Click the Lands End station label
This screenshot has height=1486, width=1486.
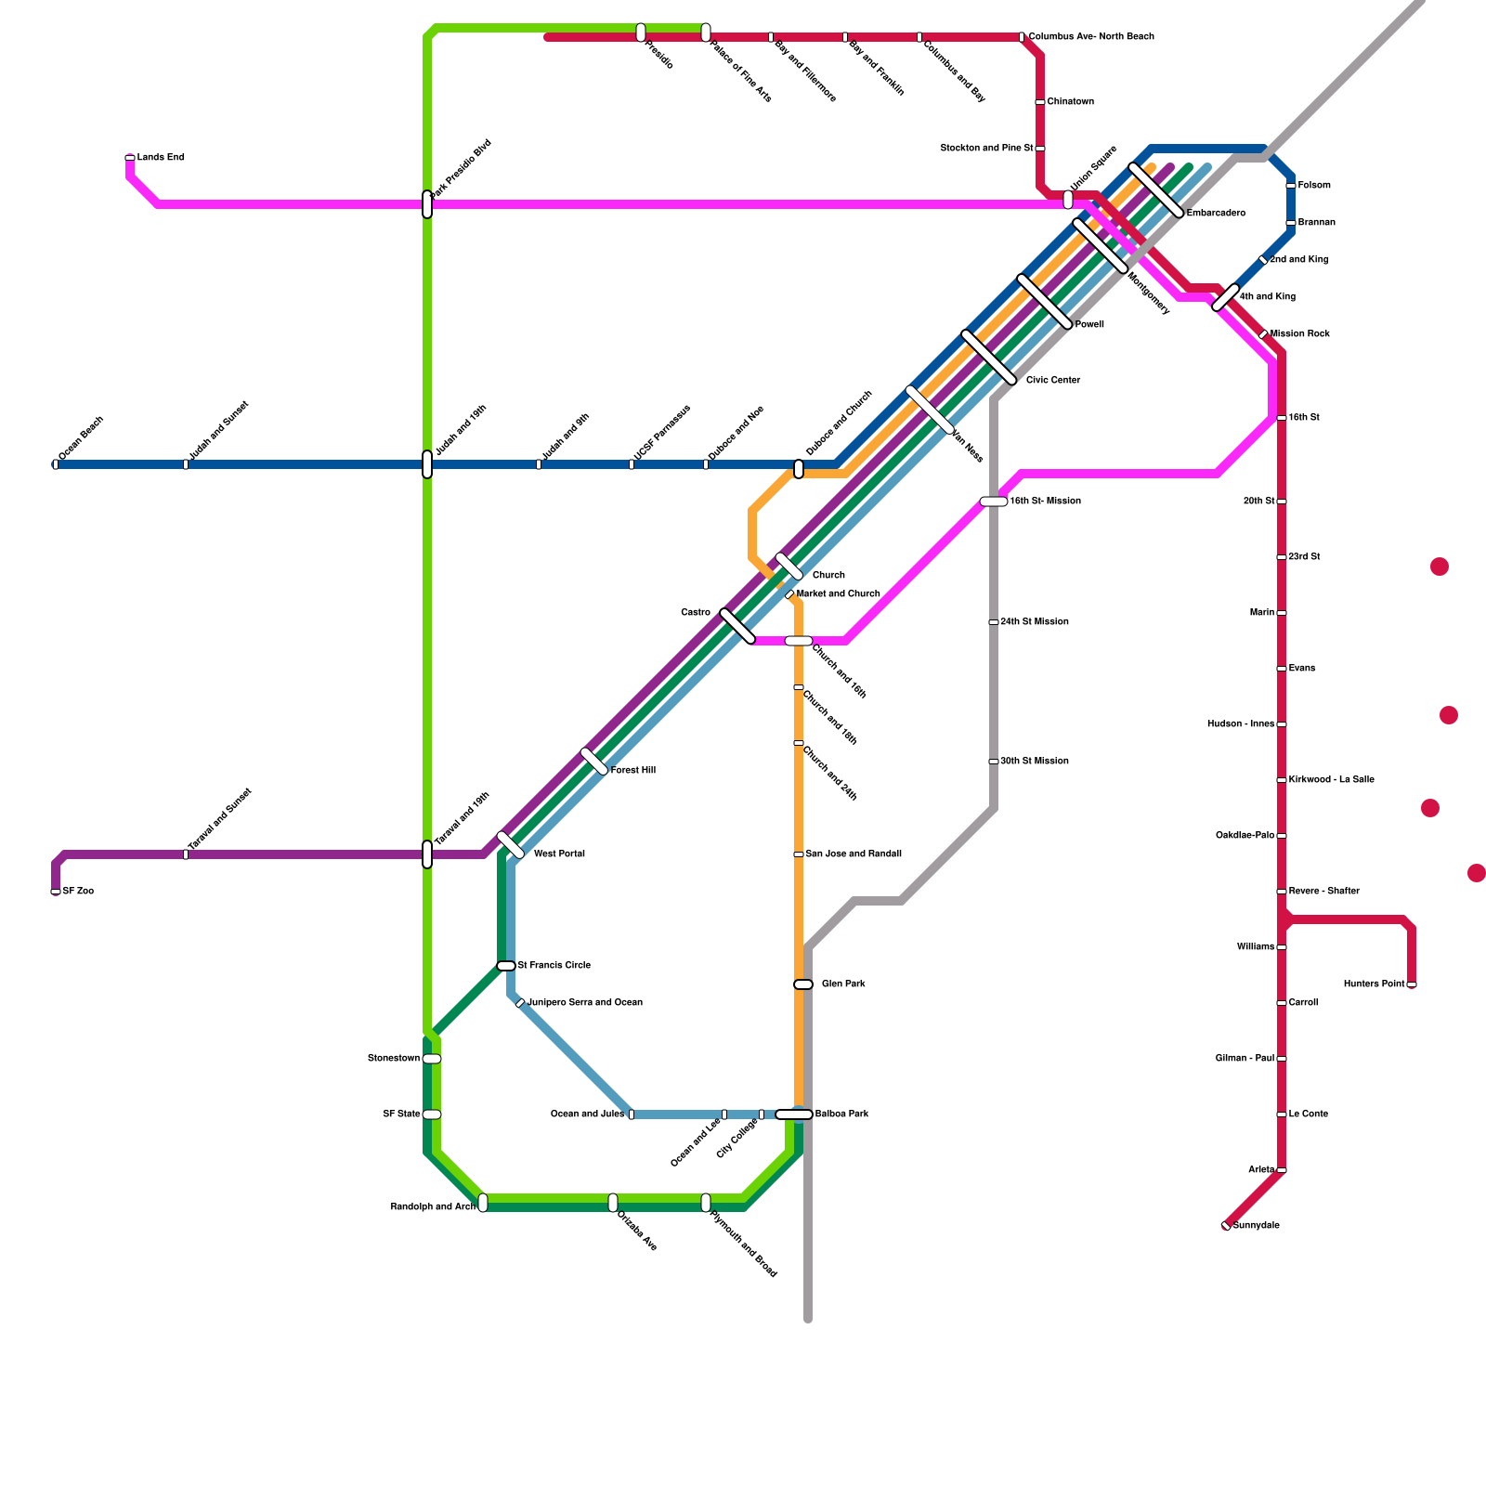click(x=161, y=158)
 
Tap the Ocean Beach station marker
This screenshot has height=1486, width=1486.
click(x=56, y=464)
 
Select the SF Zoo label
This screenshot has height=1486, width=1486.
click(x=78, y=892)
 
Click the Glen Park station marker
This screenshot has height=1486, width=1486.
click(x=803, y=984)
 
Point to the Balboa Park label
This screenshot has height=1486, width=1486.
click(x=841, y=1114)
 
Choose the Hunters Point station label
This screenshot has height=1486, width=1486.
click(x=1374, y=984)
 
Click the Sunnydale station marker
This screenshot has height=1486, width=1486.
click(x=1226, y=1226)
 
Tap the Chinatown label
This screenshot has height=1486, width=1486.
click(x=1070, y=102)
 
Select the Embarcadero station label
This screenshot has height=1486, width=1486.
click(x=1216, y=214)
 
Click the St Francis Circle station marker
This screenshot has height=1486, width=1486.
click(x=506, y=966)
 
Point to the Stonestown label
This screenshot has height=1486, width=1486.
click(x=394, y=1059)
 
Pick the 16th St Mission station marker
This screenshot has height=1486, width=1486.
click(x=994, y=502)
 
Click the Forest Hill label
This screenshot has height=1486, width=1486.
click(x=633, y=771)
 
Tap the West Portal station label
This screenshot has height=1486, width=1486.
click(x=559, y=854)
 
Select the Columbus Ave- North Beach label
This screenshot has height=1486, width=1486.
click(x=1091, y=37)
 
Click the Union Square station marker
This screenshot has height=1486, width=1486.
click(x=1068, y=200)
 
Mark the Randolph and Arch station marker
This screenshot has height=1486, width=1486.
click(x=483, y=1203)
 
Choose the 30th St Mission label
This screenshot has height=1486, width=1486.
click(x=1034, y=762)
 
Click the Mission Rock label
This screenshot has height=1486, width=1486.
click(x=1300, y=334)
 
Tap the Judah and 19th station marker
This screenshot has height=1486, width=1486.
click(x=427, y=464)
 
